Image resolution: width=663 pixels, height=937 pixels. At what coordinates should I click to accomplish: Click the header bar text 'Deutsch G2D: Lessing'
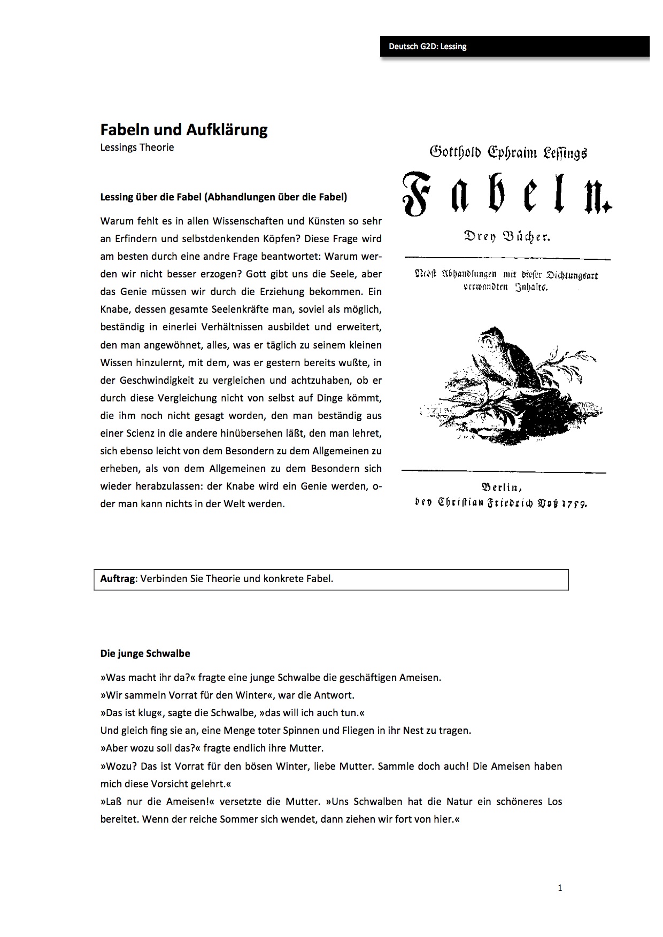(x=427, y=47)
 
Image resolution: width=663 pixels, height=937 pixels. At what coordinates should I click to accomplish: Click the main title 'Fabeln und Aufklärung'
(x=184, y=130)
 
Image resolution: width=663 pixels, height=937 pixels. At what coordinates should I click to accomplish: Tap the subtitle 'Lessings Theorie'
(x=137, y=148)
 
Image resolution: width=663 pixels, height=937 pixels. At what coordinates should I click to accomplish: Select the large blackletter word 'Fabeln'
(x=506, y=193)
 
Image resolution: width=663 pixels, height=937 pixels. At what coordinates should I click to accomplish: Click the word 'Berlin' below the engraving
(x=502, y=487)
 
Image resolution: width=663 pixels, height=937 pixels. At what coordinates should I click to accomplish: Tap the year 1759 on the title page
(x=573, y=503)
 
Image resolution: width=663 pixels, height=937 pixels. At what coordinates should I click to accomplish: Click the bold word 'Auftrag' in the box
(x=118, y=578)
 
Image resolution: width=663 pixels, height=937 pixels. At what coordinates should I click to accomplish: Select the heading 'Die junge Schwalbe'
(x=145, y=653)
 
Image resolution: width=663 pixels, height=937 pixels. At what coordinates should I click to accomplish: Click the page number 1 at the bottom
(x=560, y=888)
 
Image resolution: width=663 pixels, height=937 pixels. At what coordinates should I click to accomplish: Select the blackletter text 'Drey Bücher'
(x=506, y=237)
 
